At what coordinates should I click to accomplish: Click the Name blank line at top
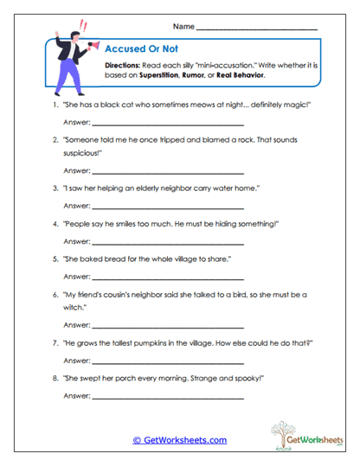tap(256, 29)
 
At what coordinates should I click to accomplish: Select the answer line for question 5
tap(168, 278)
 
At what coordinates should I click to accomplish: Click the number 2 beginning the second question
tap(55, 138)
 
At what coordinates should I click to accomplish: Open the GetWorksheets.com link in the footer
tap(179, 440)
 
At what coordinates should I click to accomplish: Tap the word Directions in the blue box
tap(123, 66)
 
